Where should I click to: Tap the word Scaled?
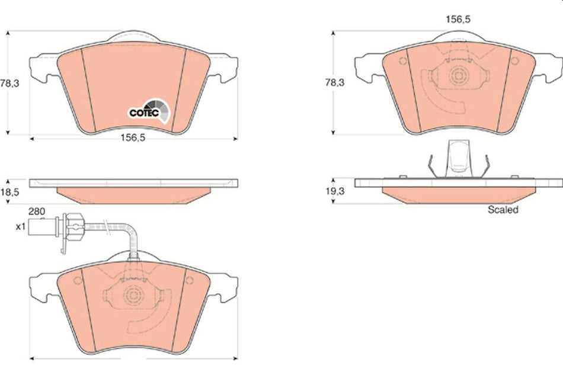tap(503, 210)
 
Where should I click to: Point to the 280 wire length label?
tap(37, 211)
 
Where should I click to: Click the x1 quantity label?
tap(20, 226)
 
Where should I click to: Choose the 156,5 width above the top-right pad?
tap(458, 20)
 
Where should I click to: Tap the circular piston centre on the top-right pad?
tap(458, 75)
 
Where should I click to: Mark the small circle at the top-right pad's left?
tap(403, 61)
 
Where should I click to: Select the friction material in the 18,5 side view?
tap(133, 193)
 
